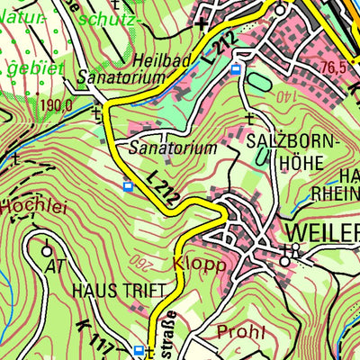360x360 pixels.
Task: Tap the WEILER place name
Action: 322,229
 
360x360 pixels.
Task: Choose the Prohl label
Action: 240,333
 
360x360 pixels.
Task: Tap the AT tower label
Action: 55,266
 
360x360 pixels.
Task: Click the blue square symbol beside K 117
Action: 138,350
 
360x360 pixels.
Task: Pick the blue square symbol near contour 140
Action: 236,69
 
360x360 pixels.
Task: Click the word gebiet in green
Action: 27,68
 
